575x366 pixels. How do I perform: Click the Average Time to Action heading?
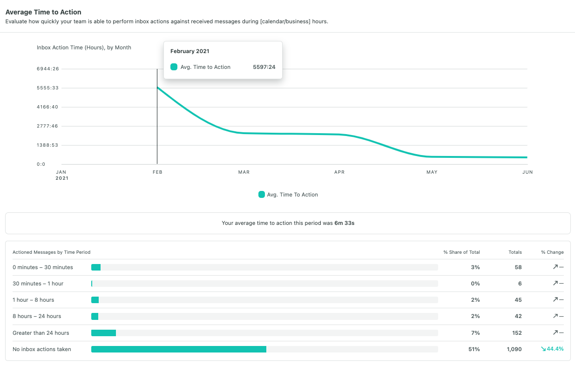tap(43, 12)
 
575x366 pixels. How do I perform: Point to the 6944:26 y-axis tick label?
tap(47, 69)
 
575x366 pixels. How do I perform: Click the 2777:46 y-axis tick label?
tap(47, 126)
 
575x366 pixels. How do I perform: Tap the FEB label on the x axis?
tap(157, 172)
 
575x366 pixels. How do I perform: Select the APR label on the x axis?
tap(339, 172)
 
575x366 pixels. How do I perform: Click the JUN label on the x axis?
tap(527, 172)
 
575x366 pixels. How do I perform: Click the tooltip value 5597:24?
tap(264, 67)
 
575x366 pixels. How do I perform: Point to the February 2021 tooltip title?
tap(189, 51)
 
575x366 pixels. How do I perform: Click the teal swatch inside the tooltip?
tap(174, 67)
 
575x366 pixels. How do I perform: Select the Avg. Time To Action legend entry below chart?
tap(288, 195)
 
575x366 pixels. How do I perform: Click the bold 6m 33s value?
tap(345, 223)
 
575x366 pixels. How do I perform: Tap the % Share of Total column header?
tap(461, 252)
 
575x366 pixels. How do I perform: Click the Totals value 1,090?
tap(514, 349)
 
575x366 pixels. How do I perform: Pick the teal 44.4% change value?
tap(552, 349)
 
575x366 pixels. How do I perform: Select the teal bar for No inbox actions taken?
tap(179, 349)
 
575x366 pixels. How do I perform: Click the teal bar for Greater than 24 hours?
tap(103, 333)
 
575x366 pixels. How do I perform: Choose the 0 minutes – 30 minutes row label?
tap(43, 267)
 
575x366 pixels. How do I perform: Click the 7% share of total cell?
tap(475, 333)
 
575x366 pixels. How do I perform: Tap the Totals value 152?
tap(516, 333)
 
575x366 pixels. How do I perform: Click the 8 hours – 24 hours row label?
tap(37, 316)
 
